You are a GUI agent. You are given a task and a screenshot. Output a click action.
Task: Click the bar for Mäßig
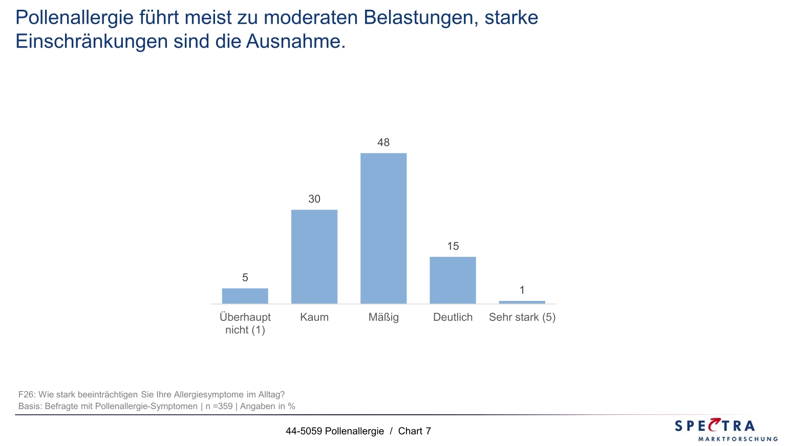click(383, 228)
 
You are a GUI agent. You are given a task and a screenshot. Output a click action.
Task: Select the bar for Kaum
click(314, 256)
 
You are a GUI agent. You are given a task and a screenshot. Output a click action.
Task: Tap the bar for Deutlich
click(453, 280)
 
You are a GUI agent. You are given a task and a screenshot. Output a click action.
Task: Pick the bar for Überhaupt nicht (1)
click(245, 296)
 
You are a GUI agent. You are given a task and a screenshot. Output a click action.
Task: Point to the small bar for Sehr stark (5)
click(522, 302)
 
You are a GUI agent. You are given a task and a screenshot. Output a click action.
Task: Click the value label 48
click(383, 143)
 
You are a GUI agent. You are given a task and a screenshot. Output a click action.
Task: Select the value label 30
click(314, 199)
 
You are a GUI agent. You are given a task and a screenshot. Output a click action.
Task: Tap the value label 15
click(453, 246)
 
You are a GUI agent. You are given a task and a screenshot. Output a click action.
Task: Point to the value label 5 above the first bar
click(245, 277)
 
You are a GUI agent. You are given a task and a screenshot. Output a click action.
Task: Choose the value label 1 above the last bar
click(522, 290)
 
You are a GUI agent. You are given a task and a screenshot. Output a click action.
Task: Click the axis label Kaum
click(314, 317)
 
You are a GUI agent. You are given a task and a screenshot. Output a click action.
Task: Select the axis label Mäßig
click(383, 317)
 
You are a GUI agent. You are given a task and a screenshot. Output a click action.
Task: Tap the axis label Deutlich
click(453, 317)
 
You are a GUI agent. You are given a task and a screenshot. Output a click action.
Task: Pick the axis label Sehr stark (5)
click(522, 317)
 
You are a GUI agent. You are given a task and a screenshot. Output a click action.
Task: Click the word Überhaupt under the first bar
click(245, 317)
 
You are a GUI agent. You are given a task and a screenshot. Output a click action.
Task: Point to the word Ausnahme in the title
click(295, 41)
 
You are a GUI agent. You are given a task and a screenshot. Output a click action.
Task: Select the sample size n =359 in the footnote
click(219, 407)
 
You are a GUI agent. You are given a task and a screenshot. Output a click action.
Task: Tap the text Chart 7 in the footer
click(414, 431)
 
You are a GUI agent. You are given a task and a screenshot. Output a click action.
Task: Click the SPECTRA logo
click(725, 430)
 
